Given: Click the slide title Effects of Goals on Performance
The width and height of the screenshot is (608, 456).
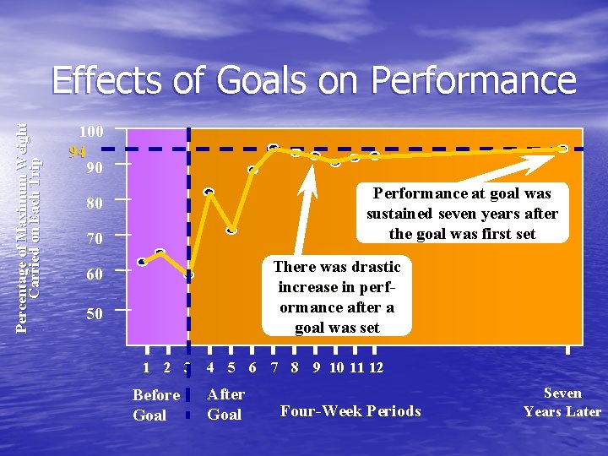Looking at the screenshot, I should pyautogui.click(x=313, y=82).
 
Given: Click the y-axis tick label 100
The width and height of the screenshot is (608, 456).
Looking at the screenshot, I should pyautogui.click(x=91, y=133).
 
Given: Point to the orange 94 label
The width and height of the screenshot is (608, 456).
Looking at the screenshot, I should pyautogui.click(x=77, y=153).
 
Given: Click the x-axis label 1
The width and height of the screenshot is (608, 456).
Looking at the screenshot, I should pyautogui.click(x=147, y=367).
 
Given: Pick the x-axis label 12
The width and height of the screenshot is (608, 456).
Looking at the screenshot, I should pyautogui.click(x=377, y=367).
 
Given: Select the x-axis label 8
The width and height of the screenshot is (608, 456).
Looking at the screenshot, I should pyautogui.click(x=294, y=367).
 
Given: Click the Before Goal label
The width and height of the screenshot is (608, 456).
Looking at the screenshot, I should pyautogui.click(x=156, y=404).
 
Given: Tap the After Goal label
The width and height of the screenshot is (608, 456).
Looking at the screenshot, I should pyautogui.click(x=225, y=404).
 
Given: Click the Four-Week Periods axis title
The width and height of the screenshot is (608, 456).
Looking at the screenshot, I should pyautogui.click(x=350, y=411).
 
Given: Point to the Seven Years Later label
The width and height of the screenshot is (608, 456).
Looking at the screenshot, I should pyautogui.click(x=562, y=403).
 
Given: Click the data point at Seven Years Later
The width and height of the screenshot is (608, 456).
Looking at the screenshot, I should pyautogui.click(x=562, y=149).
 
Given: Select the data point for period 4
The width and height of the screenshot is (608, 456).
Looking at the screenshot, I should pyautogui.click(x=209, y=192).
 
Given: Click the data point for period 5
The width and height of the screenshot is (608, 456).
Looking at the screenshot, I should pyautogui.click(x=231, y=230).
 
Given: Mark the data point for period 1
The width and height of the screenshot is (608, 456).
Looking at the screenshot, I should pyautogui.click(x=142, y=262).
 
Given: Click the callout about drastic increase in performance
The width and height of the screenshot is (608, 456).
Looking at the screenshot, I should pyautogui.click(x=337, y=296).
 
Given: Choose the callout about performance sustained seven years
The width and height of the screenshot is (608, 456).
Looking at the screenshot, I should pyautogui.click(x=462, y=214).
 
